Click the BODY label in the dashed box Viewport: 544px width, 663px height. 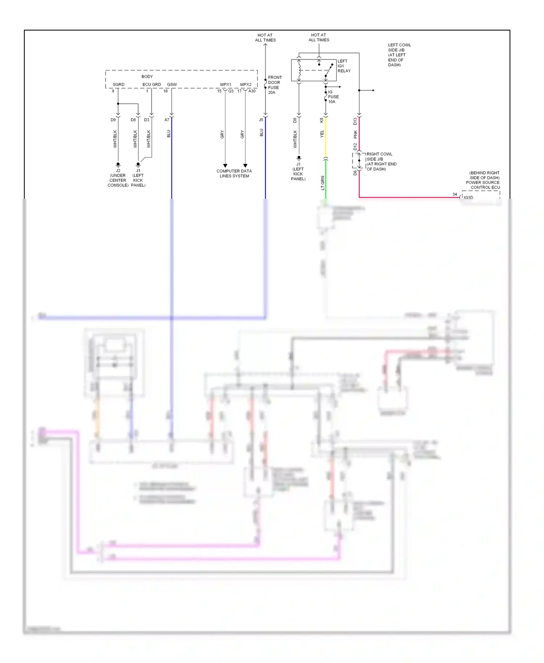tap(147, 77)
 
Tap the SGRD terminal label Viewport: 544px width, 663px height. tap(118, 85)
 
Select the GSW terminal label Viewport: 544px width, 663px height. tap(172, 85)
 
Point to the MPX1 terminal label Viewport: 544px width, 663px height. tap(226, 85)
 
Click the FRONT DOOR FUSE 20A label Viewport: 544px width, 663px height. tap(275, 85)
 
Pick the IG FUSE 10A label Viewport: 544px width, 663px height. tap(333, 97)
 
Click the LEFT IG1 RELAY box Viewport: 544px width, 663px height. tap(314, 70)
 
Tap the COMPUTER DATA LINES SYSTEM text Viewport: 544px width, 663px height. tap(234, 173)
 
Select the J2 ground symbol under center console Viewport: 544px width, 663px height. tap(118, 164)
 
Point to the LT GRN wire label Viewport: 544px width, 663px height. tap(322, 183)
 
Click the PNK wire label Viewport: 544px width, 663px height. tap(355, 134)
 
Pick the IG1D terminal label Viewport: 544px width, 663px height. tap(468, 198)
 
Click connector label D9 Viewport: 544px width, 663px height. tap(113, 120)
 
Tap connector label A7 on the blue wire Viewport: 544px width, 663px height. tap(167, 120)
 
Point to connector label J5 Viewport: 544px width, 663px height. tap(261, 120)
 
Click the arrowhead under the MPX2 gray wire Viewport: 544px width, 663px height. tap(245, 166)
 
